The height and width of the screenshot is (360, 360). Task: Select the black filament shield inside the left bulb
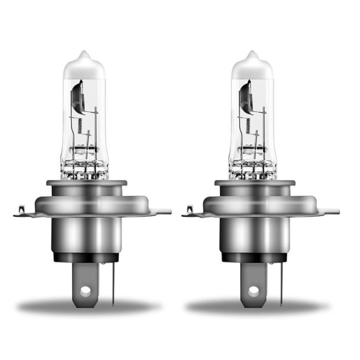tap(77, 98)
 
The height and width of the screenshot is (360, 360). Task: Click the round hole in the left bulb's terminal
tap(86, 290)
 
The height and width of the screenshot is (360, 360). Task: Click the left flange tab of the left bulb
tap(21, 211)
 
